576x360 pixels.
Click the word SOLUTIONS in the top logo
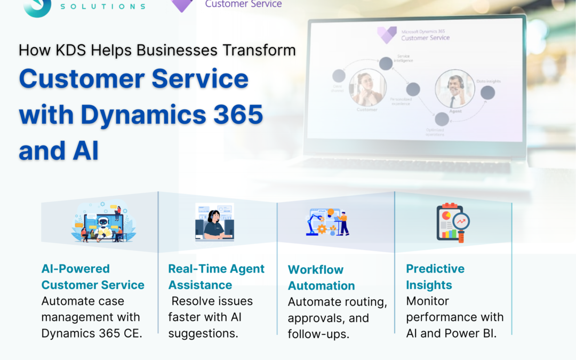coord(103,6)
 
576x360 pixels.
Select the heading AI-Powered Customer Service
coord(93,277)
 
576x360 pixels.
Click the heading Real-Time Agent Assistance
coord(216,277)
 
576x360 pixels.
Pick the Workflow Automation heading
coord(321,278)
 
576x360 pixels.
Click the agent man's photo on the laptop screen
coord(454,89)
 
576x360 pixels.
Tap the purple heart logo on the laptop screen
coord(386,35)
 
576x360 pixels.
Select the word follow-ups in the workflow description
coord(318,334)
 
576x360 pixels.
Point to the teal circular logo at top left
coord(37,6)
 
